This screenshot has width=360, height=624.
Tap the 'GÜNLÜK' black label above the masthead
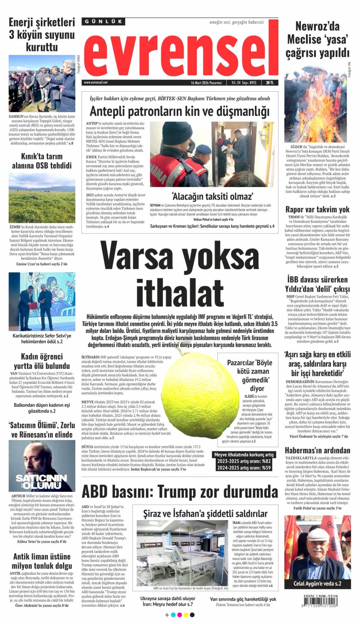tap(103, 22)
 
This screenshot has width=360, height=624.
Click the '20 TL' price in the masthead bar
tap(270, 83)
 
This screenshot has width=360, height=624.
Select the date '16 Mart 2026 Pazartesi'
tap(206, 83)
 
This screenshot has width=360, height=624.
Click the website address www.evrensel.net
tap(96, 82)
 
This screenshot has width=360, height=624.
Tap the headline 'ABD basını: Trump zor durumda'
tap(180, 491)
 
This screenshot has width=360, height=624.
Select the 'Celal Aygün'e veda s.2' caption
tap(317, 584)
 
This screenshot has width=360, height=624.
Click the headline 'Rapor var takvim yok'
tap(317, 209)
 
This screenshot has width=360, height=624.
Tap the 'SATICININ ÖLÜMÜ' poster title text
tap(41, 481)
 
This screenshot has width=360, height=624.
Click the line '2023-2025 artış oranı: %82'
tap(244, 461)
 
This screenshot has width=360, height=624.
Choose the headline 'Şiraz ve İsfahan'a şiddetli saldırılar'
tap(205, 513)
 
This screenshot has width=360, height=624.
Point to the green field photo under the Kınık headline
tap(42, 198)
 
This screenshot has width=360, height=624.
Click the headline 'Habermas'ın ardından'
tap(317, 450)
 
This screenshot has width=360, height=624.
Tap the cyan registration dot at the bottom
tap(173, 615)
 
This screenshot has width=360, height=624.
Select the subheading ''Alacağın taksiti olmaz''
tap(212, 196)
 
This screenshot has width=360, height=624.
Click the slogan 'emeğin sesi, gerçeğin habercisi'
tap(236, 22)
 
